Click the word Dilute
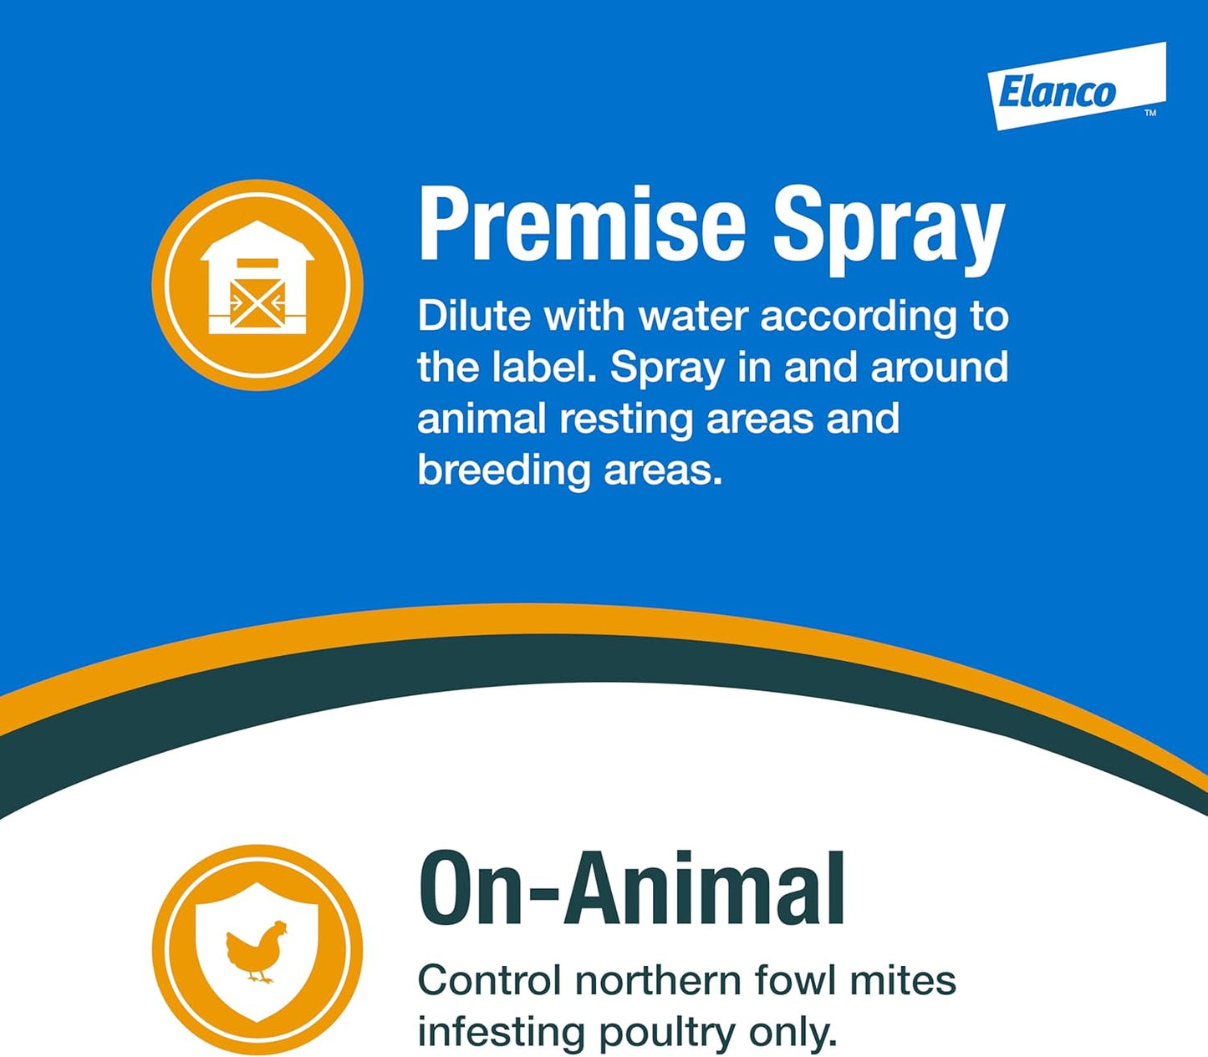[x=474, y=316]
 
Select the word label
[x=543, y=367]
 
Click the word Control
[x=489, y=980]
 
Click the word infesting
[x=502, y=1033]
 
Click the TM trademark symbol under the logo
[x=1150, y=113]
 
